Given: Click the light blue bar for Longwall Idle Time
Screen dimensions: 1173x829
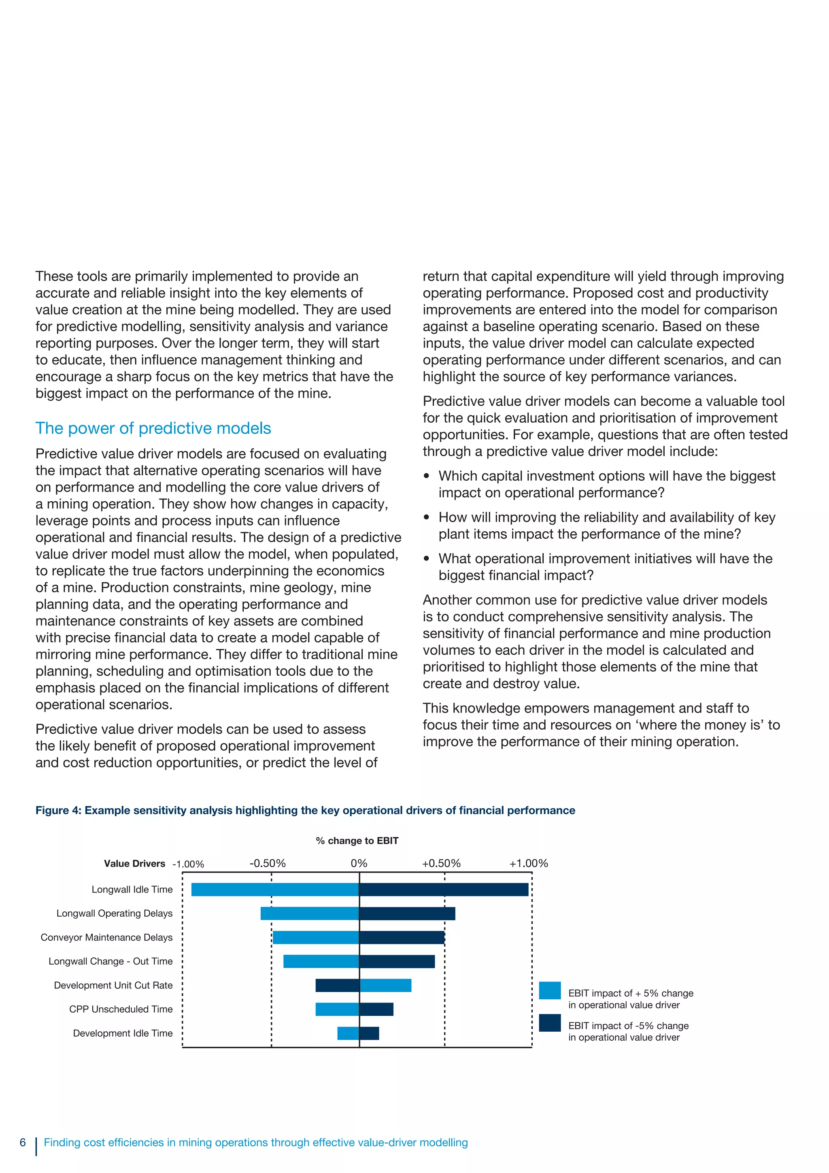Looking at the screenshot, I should (275, 890).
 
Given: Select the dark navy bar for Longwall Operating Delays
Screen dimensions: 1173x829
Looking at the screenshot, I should (407, 913).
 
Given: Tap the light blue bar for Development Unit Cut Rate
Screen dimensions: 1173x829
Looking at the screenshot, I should (386, 985).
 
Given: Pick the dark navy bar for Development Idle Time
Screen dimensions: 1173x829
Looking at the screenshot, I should (369, 1033).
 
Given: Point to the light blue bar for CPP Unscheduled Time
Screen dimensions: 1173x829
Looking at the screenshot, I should (337, 1009).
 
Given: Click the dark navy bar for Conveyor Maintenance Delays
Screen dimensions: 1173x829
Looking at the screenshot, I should (402, 937).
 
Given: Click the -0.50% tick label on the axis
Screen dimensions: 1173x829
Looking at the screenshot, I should (268, 863).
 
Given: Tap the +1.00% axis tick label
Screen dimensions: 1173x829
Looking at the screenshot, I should (529, 863).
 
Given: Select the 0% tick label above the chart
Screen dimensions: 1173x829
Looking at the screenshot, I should (359, 863).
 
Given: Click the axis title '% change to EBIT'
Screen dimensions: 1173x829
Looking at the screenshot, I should (357, 841).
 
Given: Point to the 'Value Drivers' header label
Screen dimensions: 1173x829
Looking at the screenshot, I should (134, 863).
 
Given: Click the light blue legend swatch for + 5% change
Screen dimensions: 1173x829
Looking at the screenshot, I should (550, 991).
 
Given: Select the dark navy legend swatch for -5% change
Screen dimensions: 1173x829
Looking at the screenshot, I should (550, 1023).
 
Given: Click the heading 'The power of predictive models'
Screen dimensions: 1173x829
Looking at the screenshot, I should (153, 428).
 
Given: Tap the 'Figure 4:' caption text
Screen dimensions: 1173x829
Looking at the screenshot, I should (58, 810).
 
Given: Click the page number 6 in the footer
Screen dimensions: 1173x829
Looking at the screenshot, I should (23, 1142).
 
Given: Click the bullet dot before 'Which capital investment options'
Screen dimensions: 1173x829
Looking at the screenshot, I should (427, 476).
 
